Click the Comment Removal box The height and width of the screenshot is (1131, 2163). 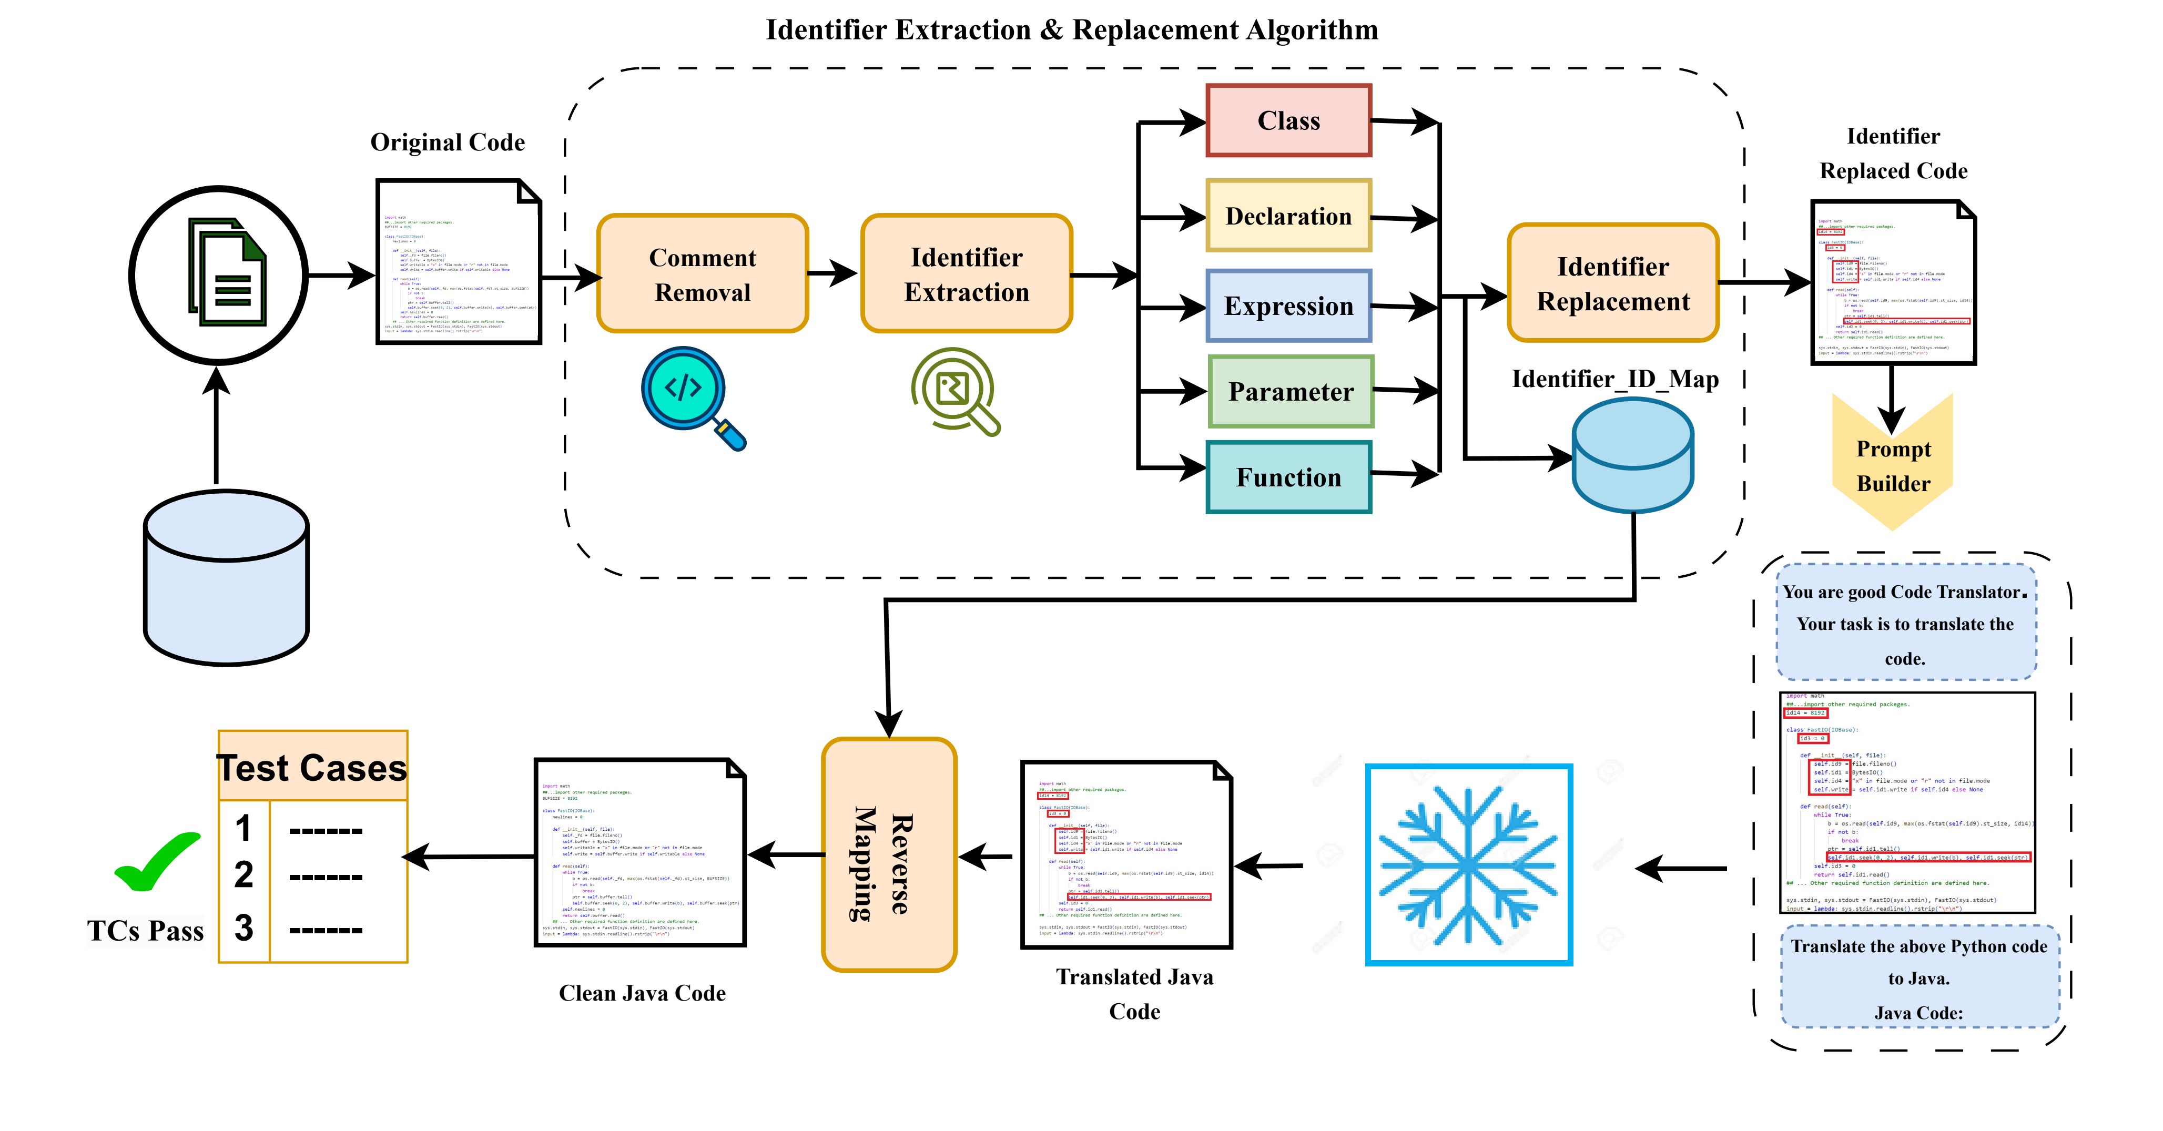(702, 274)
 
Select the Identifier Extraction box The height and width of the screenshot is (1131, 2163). (967, 274)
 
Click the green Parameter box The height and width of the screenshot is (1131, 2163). (1291, 391)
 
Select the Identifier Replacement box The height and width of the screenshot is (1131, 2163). (1612, 283)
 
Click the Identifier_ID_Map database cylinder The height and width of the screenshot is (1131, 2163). (1632, 456)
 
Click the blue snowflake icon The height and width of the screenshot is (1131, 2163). (1469, 865)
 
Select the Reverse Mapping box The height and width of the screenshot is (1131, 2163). (888, 855)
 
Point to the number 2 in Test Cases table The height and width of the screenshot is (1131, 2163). (243, 875)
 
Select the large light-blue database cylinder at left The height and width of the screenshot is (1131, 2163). (226, 578)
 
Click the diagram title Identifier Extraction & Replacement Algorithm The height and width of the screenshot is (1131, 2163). (1071, 30)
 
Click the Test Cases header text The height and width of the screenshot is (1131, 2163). (312, 768)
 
